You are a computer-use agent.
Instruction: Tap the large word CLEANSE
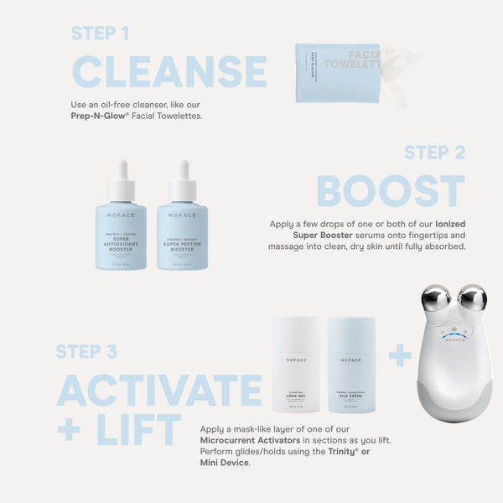coord(169,72)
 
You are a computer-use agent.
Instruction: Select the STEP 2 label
coord(435,152)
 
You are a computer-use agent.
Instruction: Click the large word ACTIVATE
coord(159,390)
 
